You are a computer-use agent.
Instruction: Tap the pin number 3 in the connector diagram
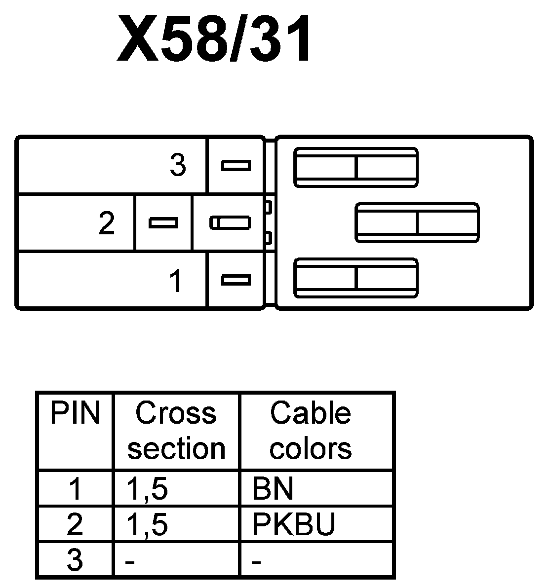(x=178, y=165)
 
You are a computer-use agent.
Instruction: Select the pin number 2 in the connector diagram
(x=107, y=223)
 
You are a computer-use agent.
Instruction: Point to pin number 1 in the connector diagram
(x=176, y=281)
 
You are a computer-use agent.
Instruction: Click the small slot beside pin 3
(x=236, y=165)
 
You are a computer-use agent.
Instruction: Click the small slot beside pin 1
(x=236, y=280)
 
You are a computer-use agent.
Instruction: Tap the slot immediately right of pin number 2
(x=163, y=223)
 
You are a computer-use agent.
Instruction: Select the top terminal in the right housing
(x=356, y=167)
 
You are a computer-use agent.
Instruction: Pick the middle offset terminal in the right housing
(x=417, y=222)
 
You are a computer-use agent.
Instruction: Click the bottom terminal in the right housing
(x=356, y=278)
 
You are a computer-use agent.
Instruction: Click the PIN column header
(x=75, y=413)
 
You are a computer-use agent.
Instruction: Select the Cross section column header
(x=176, y=431)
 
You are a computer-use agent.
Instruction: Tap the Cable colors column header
(x=311, y=431)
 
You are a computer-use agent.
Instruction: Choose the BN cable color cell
(x=273, y=488)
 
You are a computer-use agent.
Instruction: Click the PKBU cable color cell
(x=293, y=524)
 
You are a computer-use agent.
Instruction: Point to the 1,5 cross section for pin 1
(x=147, y=489)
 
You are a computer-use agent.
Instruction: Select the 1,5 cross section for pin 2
(x=147, y=524)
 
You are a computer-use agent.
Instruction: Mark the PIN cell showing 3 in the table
(x=75, y=560)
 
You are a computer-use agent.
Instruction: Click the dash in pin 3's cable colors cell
(x=256, y=562)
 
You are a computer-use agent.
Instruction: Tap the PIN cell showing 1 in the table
(x=75, y=489)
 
